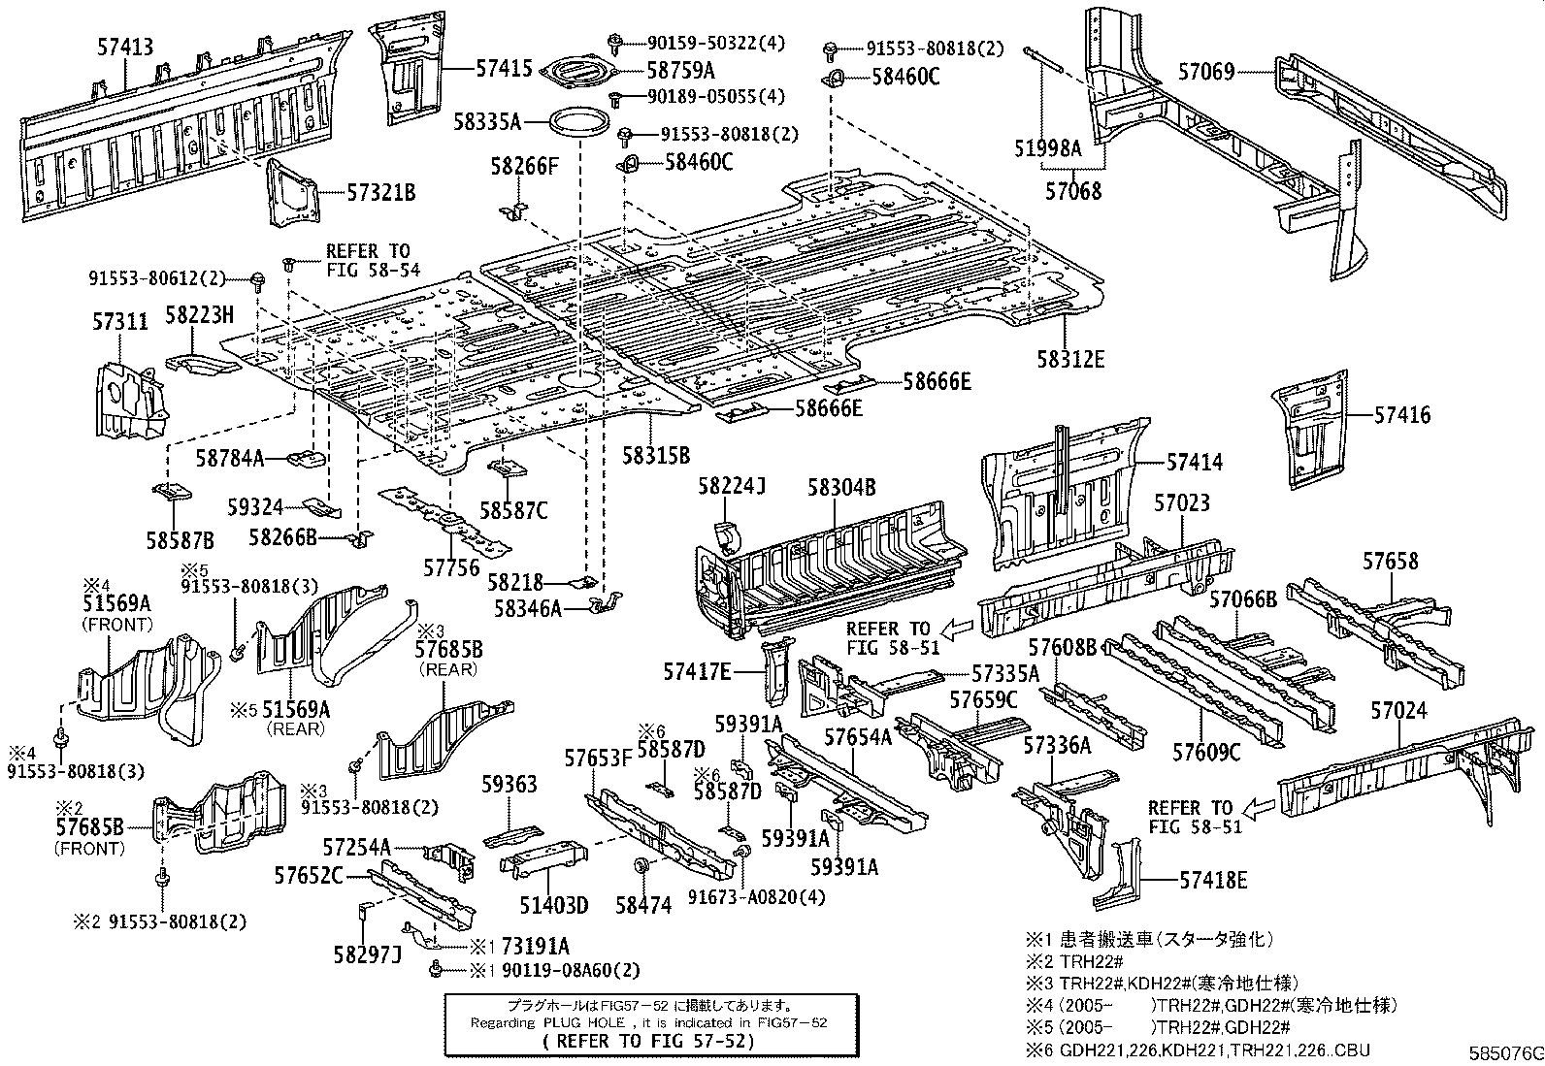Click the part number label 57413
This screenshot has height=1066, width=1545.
[x=126, y=46]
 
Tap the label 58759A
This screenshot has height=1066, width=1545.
[x=681, y=70]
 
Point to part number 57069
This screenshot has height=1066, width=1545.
[x=1206, y=71]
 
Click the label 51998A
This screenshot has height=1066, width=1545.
[x=1047, y=147]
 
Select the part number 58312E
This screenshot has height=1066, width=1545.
[x=1069, y=359]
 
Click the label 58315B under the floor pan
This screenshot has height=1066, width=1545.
[x=656, y=454]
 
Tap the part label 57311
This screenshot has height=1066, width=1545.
[x=121, y=321]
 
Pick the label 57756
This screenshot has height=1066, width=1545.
[x=451, y=566]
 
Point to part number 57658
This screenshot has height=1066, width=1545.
[x=1390, y=561]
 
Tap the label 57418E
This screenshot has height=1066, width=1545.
[x=1213, y=880]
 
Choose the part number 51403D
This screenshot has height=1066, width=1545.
[x=554, y=905]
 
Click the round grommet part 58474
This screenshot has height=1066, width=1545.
[x=641, y=865]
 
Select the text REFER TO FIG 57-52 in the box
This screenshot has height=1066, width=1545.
[x=648, y=1041]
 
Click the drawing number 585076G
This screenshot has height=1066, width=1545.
[x=1504, y=1052]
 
